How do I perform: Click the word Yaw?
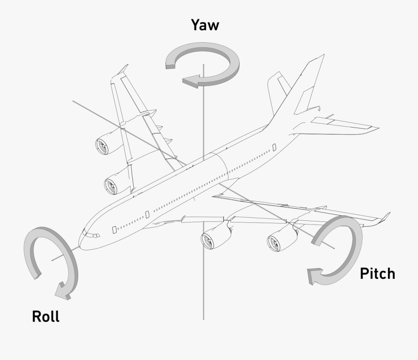205,25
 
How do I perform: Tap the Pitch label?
377,274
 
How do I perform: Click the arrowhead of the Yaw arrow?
191,82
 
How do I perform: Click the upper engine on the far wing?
103,146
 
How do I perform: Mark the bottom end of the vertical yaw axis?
203,319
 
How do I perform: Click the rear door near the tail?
274,148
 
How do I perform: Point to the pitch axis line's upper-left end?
73,100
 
